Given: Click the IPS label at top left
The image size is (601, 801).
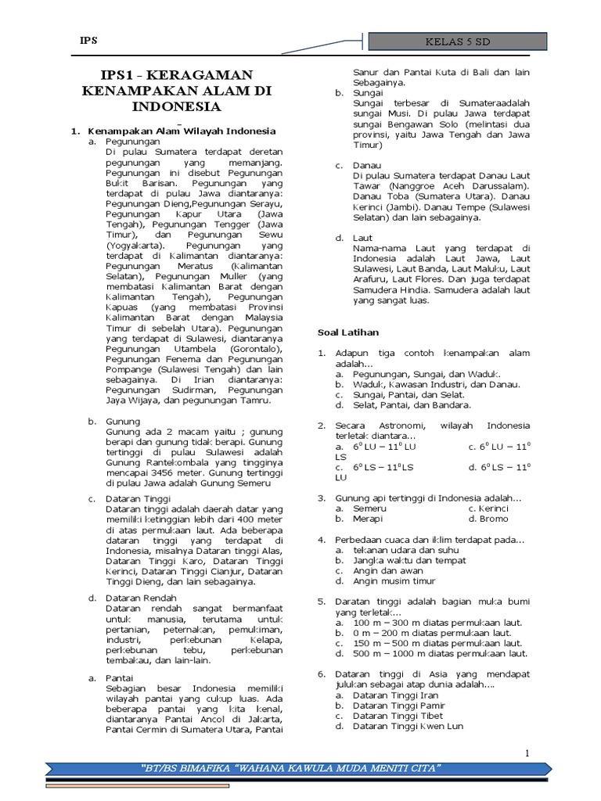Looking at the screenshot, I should coord(88,41).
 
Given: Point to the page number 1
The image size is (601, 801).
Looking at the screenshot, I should coord(527,753).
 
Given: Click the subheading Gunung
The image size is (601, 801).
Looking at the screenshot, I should coord(123,421).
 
